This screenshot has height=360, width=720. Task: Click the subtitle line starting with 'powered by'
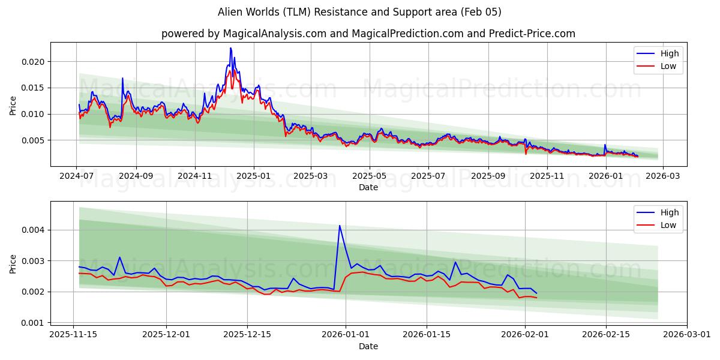point(368,34)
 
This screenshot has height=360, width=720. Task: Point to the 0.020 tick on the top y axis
point(32,62)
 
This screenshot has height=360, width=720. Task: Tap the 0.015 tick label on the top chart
point(32,88)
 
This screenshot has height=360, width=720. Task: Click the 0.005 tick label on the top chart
point(32,140)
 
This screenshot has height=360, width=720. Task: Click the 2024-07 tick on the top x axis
point(77,176)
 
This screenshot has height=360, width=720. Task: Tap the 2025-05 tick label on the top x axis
point(370,176)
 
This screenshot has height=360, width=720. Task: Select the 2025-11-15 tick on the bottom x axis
point(73,335)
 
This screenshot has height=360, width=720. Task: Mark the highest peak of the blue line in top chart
point(230,48)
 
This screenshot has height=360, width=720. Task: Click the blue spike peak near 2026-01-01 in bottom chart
point(340,226)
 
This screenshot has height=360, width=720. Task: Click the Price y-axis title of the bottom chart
point(13,263)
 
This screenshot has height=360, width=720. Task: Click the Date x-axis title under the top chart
point(368,187)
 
